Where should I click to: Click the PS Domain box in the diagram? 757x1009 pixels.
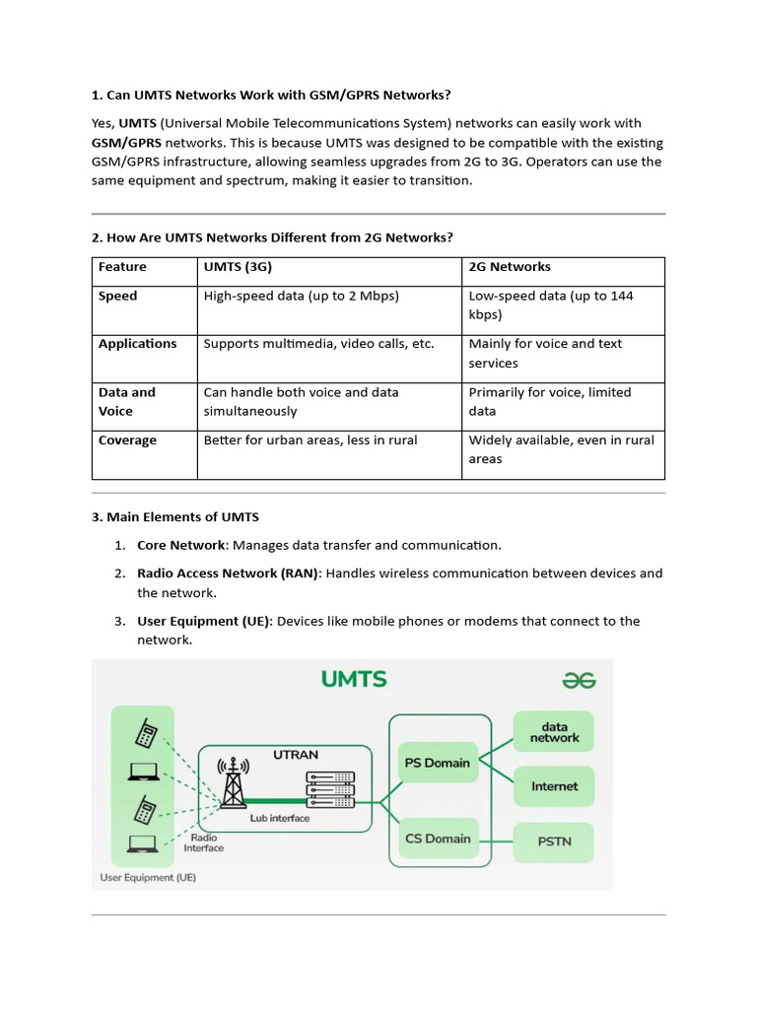(437, 763)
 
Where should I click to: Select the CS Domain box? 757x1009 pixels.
(437, 840)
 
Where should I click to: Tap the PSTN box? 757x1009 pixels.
(554, 841)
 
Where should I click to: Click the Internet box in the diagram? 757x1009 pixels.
(554, 786)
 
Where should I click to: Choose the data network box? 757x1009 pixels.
(554, 732)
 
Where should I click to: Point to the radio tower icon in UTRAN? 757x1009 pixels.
(234, 784)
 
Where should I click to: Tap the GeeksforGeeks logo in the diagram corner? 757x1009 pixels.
(579, 680)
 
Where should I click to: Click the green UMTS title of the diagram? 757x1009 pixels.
(354, 679)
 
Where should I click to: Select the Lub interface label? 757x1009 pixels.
(279, 818)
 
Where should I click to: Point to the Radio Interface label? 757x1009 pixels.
(203, 842)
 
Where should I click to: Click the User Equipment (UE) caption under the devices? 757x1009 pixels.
(148, 877)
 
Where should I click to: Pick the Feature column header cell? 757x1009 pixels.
(122, 267)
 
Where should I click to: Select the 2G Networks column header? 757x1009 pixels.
(509, 267)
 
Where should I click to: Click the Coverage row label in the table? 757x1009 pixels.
(127, 440)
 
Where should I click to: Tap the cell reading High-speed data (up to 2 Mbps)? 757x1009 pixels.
(301, 296)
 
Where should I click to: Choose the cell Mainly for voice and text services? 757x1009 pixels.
(545, 353)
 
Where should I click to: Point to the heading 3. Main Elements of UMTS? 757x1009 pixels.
(174, 516)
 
